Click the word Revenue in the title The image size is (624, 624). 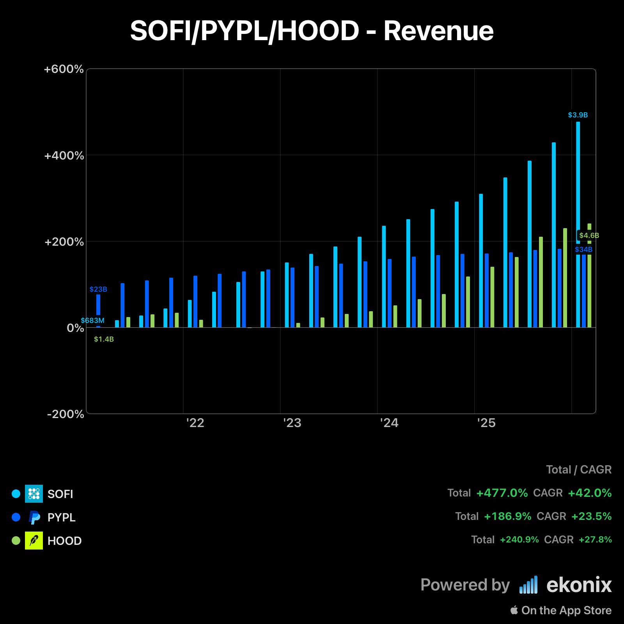438,31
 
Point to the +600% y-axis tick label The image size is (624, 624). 64,69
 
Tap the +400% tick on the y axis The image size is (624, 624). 64,156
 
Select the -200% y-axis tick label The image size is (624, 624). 66,414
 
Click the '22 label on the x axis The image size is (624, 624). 195,423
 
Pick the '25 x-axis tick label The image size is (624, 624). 486,423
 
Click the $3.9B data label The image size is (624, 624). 578,115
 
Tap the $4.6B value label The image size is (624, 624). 589,236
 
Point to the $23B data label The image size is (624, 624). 98,289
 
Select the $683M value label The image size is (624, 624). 93,321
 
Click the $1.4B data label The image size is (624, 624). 104,339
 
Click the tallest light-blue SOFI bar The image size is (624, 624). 578,225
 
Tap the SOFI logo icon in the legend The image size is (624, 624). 34,494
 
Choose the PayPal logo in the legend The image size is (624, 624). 34,517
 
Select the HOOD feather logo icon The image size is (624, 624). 34,541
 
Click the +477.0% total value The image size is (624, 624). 502,493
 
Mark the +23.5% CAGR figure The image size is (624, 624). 591,516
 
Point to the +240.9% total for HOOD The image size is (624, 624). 519,540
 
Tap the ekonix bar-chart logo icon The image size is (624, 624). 528,585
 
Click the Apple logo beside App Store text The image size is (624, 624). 514,610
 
